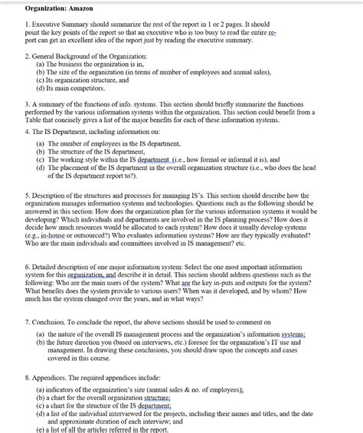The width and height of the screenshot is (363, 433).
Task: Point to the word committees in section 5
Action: pyautogui.click(x=134, y=245)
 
